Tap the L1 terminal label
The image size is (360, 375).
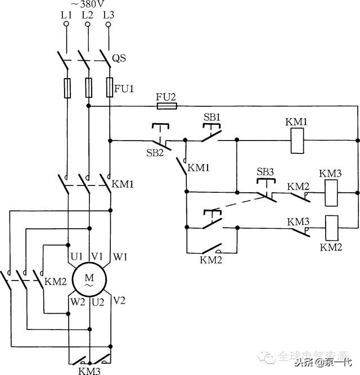pyautogui.click(x=66, y=15)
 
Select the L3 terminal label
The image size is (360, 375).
pyautogui.click(x=109, y=15)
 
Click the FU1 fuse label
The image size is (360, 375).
pyautogui.click(x=122, y=88)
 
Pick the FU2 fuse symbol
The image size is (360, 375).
pyautogui.click(x=166, y=106)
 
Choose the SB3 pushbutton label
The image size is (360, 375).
pyautogui.click(x=265, y=171)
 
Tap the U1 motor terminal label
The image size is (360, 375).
pyautogui.click(x=75, y=256)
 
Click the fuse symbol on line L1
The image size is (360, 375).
pyautogui.click(x=67, y=89)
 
